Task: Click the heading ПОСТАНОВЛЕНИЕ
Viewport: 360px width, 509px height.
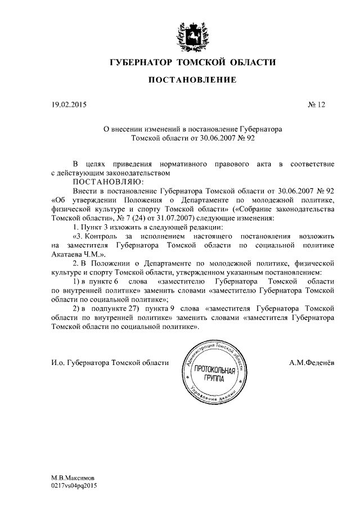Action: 192,80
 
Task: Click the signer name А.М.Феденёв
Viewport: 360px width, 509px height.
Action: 311,363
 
